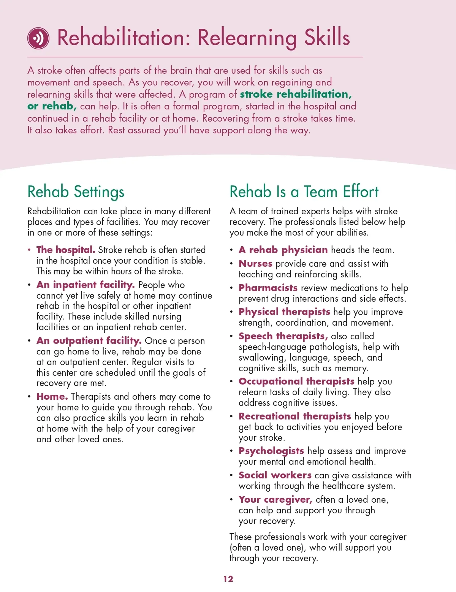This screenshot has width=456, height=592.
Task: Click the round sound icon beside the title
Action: pos(38,38)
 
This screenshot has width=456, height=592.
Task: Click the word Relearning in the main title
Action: pos(247,38)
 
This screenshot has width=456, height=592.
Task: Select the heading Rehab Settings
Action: pos(76,192)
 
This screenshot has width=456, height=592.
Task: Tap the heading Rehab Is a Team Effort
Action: pos(304,192)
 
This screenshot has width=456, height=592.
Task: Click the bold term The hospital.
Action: pos(66,250)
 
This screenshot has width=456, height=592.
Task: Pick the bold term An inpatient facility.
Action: pos(85,285)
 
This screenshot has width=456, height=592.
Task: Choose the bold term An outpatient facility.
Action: pos(89,341)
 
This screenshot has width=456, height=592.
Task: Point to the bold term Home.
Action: pos(52,397)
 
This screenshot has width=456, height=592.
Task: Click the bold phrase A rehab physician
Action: pos(283,250)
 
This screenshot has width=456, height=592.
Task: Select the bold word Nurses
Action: pos(255,264)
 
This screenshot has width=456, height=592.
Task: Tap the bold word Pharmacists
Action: pos(268,288)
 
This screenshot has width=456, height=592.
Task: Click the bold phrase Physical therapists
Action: pos(284,312)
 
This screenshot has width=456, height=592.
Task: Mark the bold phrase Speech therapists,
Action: pos(283,336)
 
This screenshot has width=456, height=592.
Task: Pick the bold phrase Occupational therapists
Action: pos(296,381)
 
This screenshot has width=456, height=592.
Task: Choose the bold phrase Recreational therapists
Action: pos(294,416)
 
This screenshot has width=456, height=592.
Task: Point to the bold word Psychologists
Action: pos(271,451)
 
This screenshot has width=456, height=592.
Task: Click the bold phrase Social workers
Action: pos(275,475)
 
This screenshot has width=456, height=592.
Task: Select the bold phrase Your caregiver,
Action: pos(275,500)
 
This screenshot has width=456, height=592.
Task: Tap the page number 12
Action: pos(228,579)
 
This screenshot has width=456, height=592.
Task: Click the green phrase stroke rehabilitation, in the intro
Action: pos(296,94)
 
